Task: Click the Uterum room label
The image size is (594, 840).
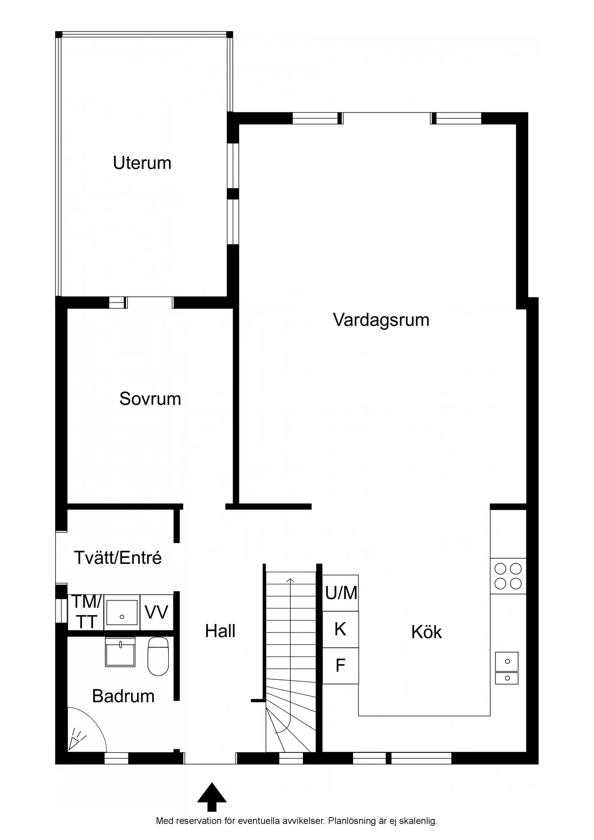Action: [142, 163]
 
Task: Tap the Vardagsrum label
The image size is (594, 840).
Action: [381, 320]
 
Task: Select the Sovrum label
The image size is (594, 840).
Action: [150, 399]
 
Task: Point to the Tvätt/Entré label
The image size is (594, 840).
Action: [117, 558]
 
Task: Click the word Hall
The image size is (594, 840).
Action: [220, 631]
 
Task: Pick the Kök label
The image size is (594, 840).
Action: [426, 632]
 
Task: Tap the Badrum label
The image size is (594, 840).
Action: [123, 696]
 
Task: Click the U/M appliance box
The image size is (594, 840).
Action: [340, 593]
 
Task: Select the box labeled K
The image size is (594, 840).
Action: [340, 629]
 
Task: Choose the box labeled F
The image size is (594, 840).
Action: [340, 665]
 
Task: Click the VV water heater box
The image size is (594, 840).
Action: [156, 613]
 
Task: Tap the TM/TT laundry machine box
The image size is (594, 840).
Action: [86, 613]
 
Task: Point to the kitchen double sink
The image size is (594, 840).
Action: [507, 668]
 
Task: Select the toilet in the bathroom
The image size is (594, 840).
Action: [158, 656]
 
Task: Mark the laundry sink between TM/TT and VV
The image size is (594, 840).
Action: [122, 613]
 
